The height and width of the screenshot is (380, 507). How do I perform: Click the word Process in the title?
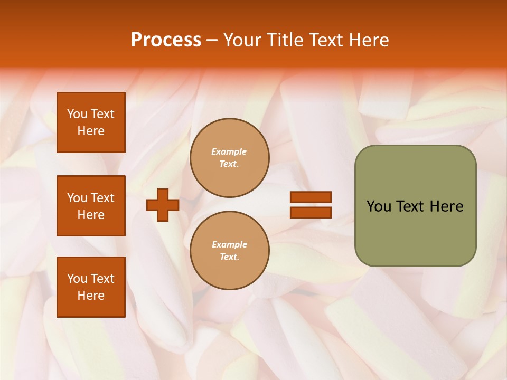[x=166, y=40]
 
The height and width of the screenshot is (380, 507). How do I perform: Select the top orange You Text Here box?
[x=91, y=122]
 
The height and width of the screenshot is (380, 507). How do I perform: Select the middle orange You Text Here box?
[x=91, y=206]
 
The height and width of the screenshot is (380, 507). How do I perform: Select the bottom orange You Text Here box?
[x=91, y=287]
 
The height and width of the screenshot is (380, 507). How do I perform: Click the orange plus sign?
[x=163, y=205]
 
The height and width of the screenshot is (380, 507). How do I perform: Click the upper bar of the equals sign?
[x=311, y=197]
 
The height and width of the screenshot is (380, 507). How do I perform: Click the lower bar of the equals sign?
[x=311, y=212]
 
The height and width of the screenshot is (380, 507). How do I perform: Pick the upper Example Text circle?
[x=230, y=157]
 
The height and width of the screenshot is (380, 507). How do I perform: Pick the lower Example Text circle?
[x=230, y=250]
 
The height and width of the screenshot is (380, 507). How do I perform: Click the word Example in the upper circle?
[x=229, y=151]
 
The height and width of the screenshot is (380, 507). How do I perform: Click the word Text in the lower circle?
[x=229, y=256]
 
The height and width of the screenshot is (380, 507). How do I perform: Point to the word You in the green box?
[x=379, y=206]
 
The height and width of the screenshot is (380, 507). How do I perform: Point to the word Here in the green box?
[x=446, y=206]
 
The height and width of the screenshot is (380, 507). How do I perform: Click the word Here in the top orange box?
[x=91, y=131]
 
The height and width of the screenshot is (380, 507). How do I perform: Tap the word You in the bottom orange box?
[x=77, y=279]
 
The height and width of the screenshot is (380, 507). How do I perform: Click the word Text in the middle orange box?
[x=102, y=198]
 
